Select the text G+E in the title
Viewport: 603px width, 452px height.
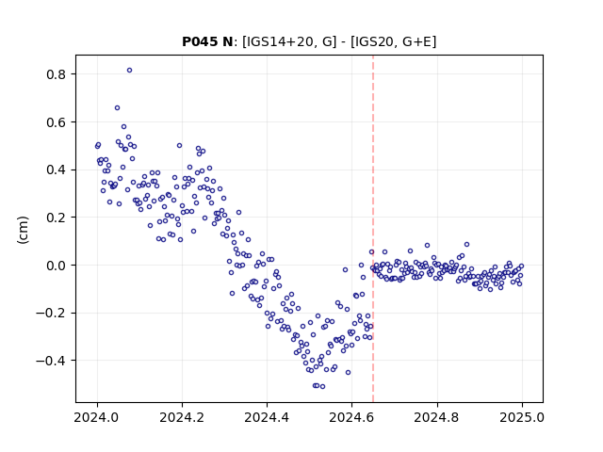416,41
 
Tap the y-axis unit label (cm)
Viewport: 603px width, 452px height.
23,230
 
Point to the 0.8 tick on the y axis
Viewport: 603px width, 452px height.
56,74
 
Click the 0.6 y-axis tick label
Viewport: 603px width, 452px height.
56,122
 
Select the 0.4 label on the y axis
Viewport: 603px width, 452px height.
56,169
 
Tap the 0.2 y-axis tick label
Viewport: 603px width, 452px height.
56,218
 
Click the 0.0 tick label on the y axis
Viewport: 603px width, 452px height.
56,266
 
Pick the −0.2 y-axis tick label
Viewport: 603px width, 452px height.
50,314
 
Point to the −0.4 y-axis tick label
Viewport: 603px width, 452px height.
50,361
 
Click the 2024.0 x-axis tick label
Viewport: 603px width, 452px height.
97,417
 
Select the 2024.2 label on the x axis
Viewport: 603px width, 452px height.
182,417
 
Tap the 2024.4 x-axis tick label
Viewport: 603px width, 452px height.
267,417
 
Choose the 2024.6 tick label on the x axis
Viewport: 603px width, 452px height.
351,417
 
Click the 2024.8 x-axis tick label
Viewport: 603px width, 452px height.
437,417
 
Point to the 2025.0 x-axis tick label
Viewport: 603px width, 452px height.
522,417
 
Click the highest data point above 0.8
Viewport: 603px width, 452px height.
130,70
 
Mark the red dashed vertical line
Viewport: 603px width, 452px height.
373,229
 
